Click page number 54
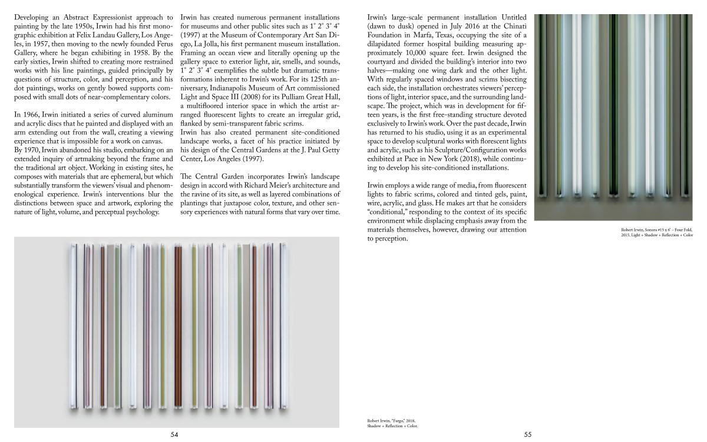coord(174,434)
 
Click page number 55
coord(528,434)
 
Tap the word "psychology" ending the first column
coord(138,212)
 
